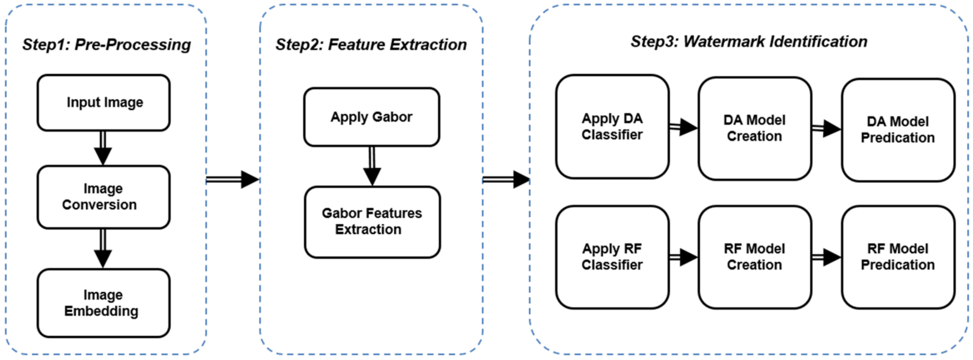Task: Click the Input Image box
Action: pos(103,103)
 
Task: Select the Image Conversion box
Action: pos(103,197)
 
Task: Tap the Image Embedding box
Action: pos(103,303)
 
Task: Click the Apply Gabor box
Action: pos(372,117)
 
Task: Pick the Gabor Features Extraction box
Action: pos(372,222)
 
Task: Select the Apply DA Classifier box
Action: pos(612,127)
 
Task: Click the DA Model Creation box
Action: pos(755,128)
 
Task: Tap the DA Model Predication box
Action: pos(898,130)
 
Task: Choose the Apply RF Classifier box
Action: pos(612,257)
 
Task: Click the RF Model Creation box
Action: pos(755,257)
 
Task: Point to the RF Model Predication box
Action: pos(898,257)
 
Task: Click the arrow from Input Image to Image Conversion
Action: pos(103,148)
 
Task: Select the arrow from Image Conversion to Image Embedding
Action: pos(103,248)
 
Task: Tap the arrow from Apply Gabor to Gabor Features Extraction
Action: pos(372,166)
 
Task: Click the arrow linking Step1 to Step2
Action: pos(233,179)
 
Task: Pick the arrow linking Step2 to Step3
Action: pos(506,179)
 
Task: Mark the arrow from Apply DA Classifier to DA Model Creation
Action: pos(683,127)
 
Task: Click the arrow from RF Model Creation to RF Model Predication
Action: pos(826,257)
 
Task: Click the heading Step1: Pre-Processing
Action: pos(107,45)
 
